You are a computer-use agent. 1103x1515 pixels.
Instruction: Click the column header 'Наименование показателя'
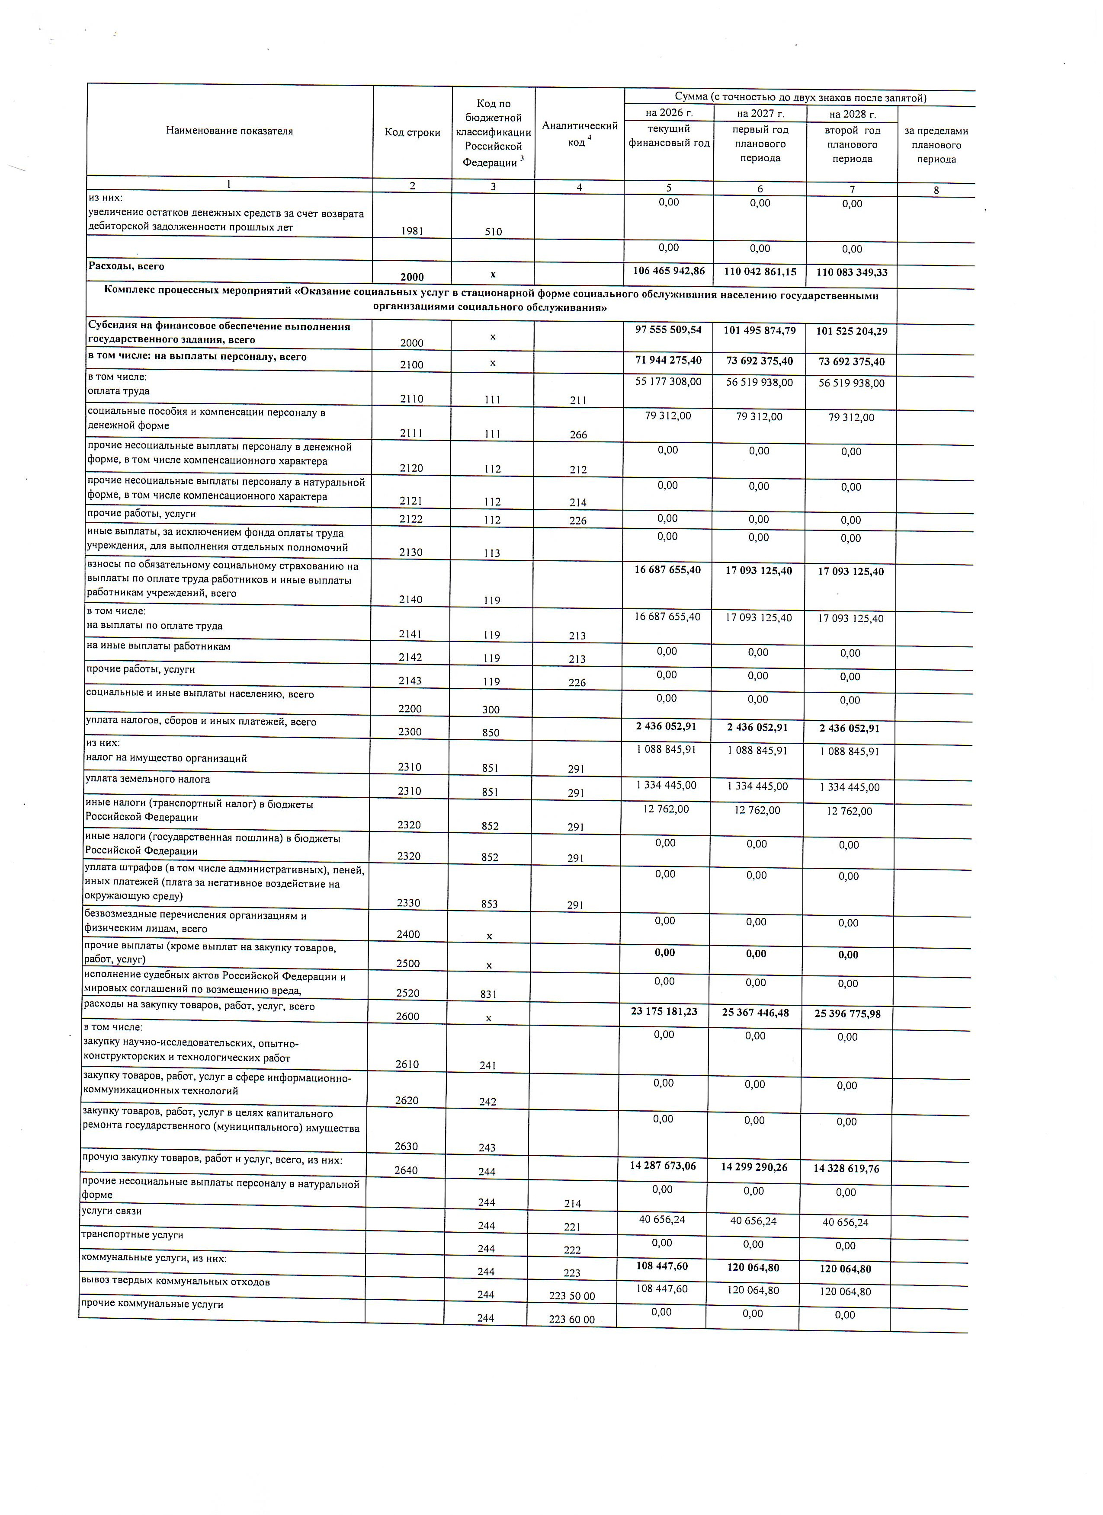click(229, 131)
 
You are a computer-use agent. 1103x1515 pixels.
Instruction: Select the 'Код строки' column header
click(412, 132)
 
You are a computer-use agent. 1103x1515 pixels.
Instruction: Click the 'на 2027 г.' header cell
click(760, 114)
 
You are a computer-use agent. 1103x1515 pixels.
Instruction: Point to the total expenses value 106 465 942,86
click(669, 271)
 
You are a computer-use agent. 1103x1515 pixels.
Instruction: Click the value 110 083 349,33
click(852, 272)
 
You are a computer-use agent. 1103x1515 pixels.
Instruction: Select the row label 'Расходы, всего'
click(126, 266)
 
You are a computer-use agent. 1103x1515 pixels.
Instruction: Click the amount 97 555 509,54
click(668, 330)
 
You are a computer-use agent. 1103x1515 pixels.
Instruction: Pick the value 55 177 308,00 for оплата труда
click(668, 382)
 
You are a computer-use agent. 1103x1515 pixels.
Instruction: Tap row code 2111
click(411, 433)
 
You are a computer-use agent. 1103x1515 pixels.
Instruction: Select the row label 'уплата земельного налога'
click(147, 779)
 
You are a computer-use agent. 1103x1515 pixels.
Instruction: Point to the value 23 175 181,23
click(664, 1011)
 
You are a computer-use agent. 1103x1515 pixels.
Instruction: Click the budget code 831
click(489, 994)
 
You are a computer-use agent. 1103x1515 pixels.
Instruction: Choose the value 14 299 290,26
click(754, 1167)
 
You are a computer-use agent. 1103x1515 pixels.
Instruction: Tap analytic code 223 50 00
click(572, 1296)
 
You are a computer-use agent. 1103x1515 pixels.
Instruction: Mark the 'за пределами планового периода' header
click(936, 145)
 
